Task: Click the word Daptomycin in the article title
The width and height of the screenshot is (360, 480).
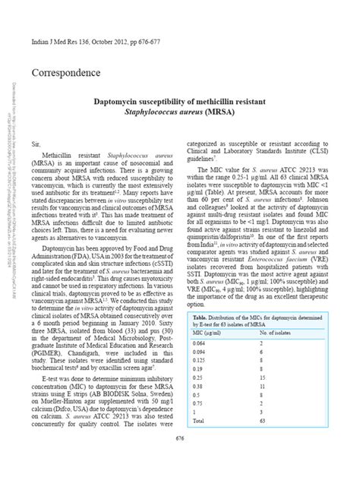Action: click(x=120, y=99)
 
